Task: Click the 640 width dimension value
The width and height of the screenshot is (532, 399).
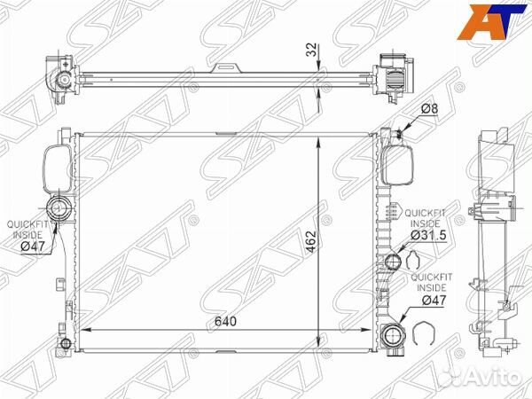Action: point(225,321)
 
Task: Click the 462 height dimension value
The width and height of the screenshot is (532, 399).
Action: point(311,242)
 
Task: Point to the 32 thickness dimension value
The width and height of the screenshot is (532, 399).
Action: point(311,50)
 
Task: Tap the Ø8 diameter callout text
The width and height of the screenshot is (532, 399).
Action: point(430,108)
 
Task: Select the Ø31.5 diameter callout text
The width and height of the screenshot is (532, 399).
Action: point(428,235)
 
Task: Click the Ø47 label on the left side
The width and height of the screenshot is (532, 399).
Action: point(33,246)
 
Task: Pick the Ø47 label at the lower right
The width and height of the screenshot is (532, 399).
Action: point(434,300)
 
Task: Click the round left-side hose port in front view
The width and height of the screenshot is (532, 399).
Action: point(59,207)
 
